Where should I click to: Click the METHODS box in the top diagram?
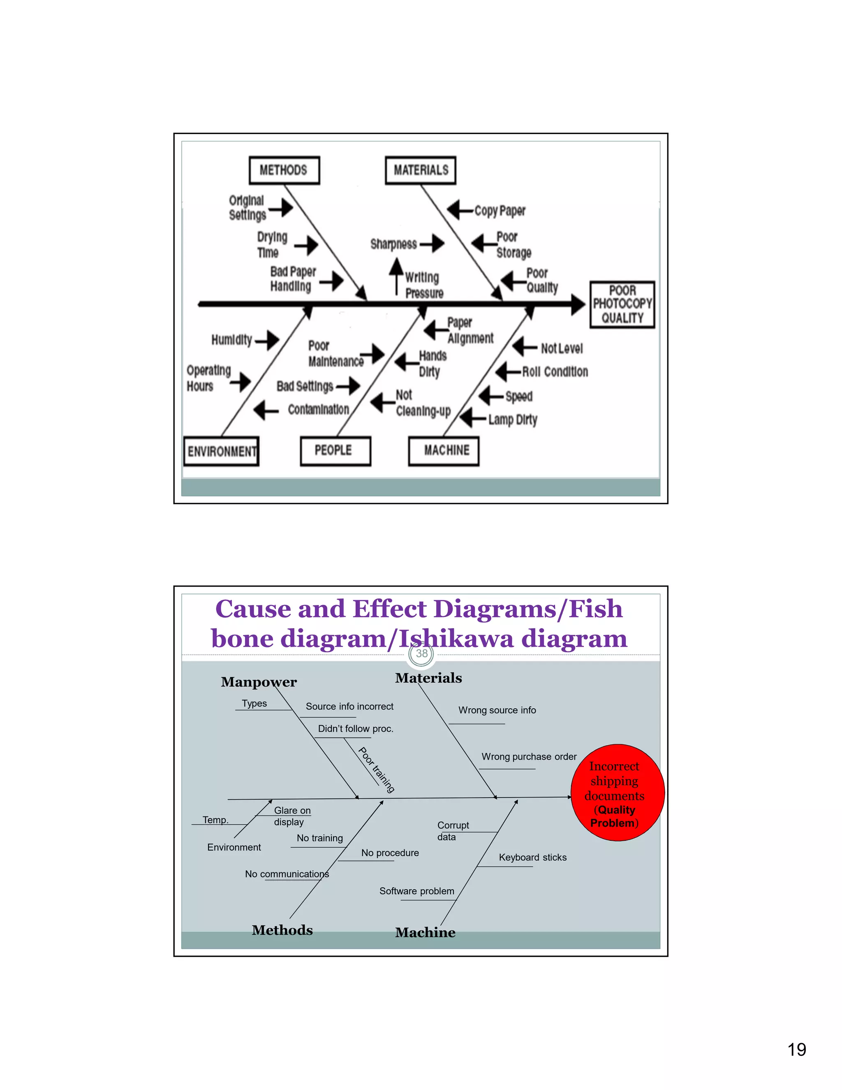(x=284, y=170)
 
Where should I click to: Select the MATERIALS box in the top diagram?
(x=421, y=170)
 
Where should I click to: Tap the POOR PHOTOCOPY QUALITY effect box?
(x=622, y=304)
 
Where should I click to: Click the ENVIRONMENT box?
(x=222, y=451)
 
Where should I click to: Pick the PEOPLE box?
(x=335, y=451)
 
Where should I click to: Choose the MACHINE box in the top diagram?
(x=444, y=451)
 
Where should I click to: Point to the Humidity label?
(x=231, y=340)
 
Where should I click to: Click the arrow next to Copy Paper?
(x=459, y=210)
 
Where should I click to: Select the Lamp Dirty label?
(x=512, y=419)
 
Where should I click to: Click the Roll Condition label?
(x=555, y=372)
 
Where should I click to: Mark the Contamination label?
(x=318, y=410)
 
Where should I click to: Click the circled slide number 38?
(x=421, y=653)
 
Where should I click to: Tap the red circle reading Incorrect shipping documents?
(x=618, y=793)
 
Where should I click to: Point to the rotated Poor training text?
(x=377, y=770)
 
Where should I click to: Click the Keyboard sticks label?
(x=532, y=858)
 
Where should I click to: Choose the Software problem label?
(x=416, y=891)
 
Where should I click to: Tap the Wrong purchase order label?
(x=529, y=756)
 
